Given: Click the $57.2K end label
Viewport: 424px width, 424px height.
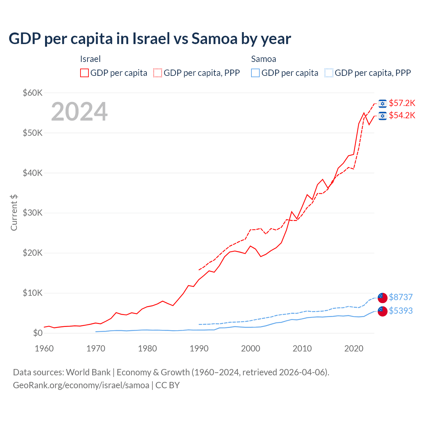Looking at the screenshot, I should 402,103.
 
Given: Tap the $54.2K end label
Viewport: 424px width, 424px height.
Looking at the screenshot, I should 402,116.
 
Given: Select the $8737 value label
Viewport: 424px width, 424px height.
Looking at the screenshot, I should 400,297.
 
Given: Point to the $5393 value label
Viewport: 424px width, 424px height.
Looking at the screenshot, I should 400,311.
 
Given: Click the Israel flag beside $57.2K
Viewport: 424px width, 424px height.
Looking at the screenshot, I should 383,104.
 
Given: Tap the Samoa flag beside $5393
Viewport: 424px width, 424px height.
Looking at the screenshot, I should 383,311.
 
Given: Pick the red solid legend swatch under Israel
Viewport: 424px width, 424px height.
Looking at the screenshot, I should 84,73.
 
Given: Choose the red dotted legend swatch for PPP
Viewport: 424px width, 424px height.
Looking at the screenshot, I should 158,73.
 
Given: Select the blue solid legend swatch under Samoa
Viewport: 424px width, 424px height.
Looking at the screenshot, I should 255,73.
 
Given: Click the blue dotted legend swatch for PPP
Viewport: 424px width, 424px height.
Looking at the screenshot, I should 329,73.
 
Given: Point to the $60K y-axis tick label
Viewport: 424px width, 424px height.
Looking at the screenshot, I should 32,93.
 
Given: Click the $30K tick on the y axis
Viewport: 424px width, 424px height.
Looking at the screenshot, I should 32,213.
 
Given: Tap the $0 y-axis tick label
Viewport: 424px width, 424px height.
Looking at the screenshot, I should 38,333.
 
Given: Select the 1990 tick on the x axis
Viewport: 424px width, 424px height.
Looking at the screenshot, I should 199,348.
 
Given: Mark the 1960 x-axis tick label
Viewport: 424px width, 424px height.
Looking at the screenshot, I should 44,348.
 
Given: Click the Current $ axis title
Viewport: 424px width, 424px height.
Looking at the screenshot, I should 14,213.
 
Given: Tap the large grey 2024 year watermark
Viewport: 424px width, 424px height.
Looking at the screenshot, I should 79,112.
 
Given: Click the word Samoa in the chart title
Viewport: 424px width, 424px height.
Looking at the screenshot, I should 214,39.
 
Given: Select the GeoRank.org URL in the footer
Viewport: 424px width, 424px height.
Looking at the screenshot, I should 81,385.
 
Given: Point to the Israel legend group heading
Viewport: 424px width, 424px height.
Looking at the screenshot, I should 90,59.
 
